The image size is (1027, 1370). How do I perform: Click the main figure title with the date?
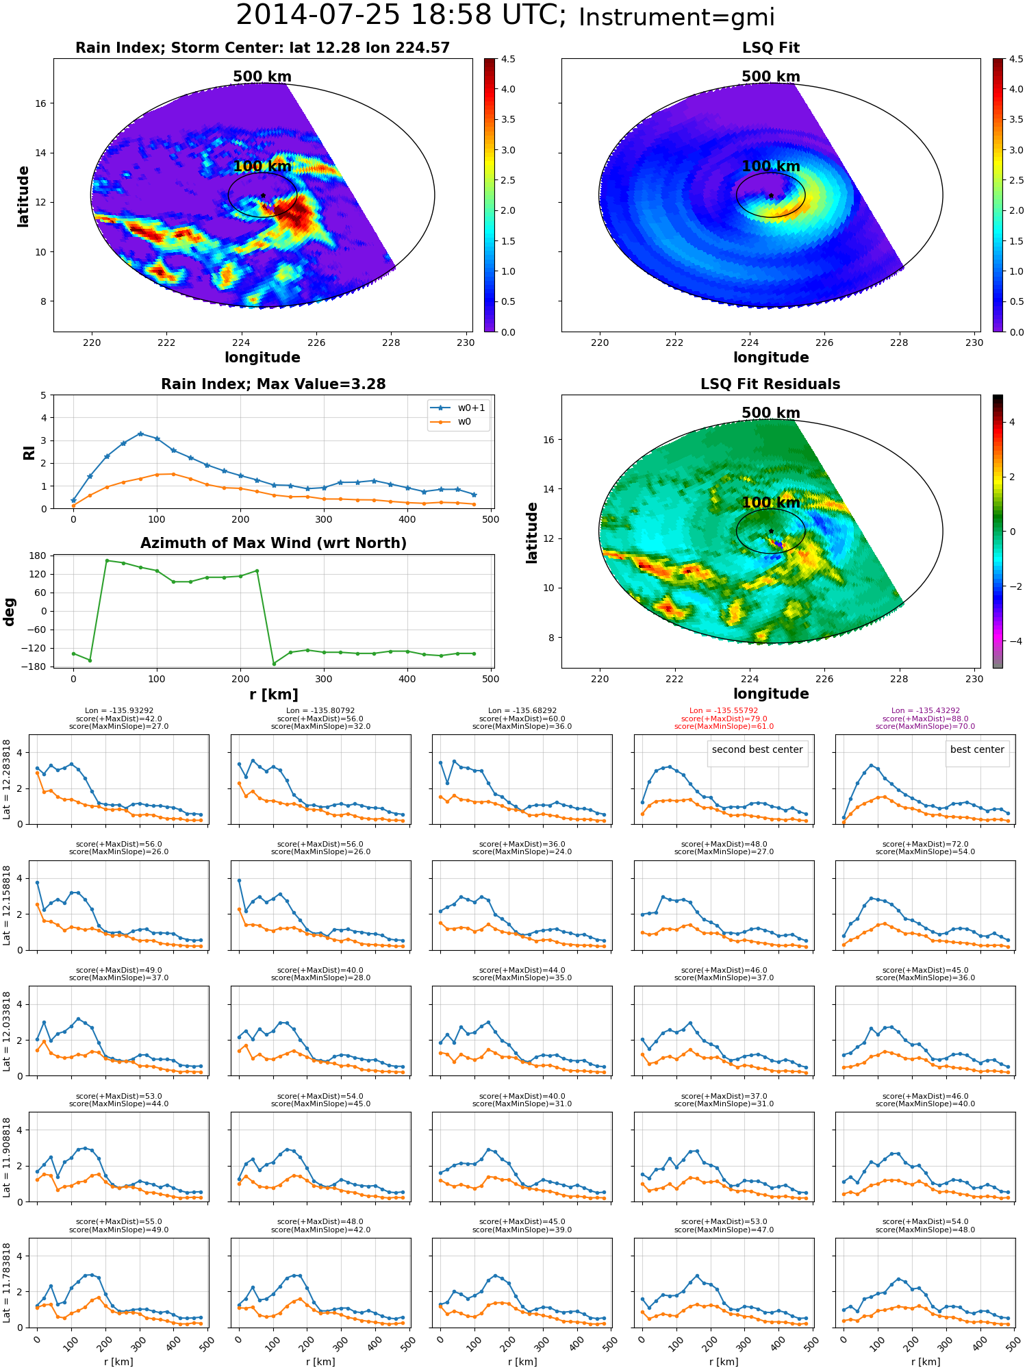click(x=505, y=16)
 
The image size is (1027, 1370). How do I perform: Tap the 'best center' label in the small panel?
click(x=977, y=749)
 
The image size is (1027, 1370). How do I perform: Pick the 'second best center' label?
click(x=757, y=749)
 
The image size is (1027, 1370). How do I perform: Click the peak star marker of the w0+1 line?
click(x=140, y=434)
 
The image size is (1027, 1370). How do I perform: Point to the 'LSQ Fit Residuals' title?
click(x=770, y=384)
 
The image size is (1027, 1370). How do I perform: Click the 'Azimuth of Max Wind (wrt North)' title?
click(x=273, y=543)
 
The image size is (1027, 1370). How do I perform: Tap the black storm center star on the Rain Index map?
click(x=262, y=195)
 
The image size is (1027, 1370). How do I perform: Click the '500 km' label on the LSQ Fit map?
click(x=771, y=77)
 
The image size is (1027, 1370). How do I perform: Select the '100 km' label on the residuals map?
click(x=771, y=503)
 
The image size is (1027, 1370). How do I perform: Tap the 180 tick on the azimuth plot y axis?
click(x=38, y=556)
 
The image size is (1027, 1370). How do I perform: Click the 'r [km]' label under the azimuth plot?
click(x=273, y=695)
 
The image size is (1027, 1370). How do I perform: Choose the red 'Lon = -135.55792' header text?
click(x=724, y=711)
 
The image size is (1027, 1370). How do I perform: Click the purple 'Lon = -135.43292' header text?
click(x=926, y=711)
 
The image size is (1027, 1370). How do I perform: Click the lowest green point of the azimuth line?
click(x=274, y=664)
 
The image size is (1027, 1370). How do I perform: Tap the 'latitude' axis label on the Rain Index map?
click(x=23, y=196)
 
